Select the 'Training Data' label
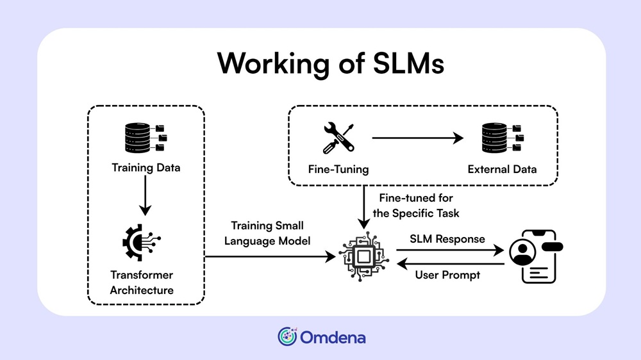[x=146, y=168]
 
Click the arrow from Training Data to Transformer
[x=146, y=195]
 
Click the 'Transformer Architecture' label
[x=142, y=282]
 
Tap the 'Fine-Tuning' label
[x=338, y=170]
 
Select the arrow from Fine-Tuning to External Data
[x=417, y=137]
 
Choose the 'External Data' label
[x=502, y=170]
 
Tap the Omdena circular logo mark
[x=287, y=336]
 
